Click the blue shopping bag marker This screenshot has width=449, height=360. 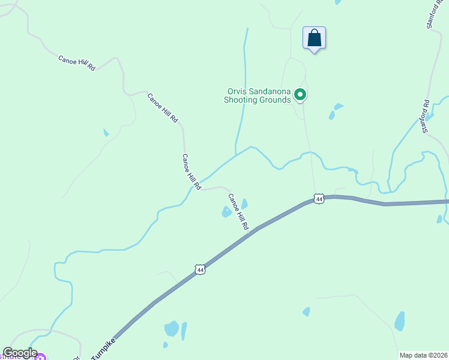tap(314, 38)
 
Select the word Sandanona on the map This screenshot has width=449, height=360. tap(270, 91)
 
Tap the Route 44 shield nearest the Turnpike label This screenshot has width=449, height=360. tap(200, 270)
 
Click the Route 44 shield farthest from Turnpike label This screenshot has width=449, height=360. tap(319, 199)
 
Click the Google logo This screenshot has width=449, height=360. tap(20, 353)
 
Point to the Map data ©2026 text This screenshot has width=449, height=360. tap(423, 355)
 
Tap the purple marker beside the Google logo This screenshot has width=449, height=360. tap(40, 358)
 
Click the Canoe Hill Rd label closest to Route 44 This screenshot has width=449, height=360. tap(238, 212)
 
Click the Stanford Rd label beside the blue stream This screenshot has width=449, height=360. tap(426, 116)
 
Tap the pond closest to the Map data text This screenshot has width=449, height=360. tap(400, 322)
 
